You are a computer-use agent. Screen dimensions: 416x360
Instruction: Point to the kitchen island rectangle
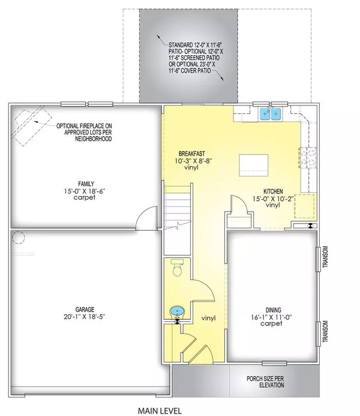coord(253,163)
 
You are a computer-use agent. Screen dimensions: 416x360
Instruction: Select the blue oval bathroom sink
coord(176,311)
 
